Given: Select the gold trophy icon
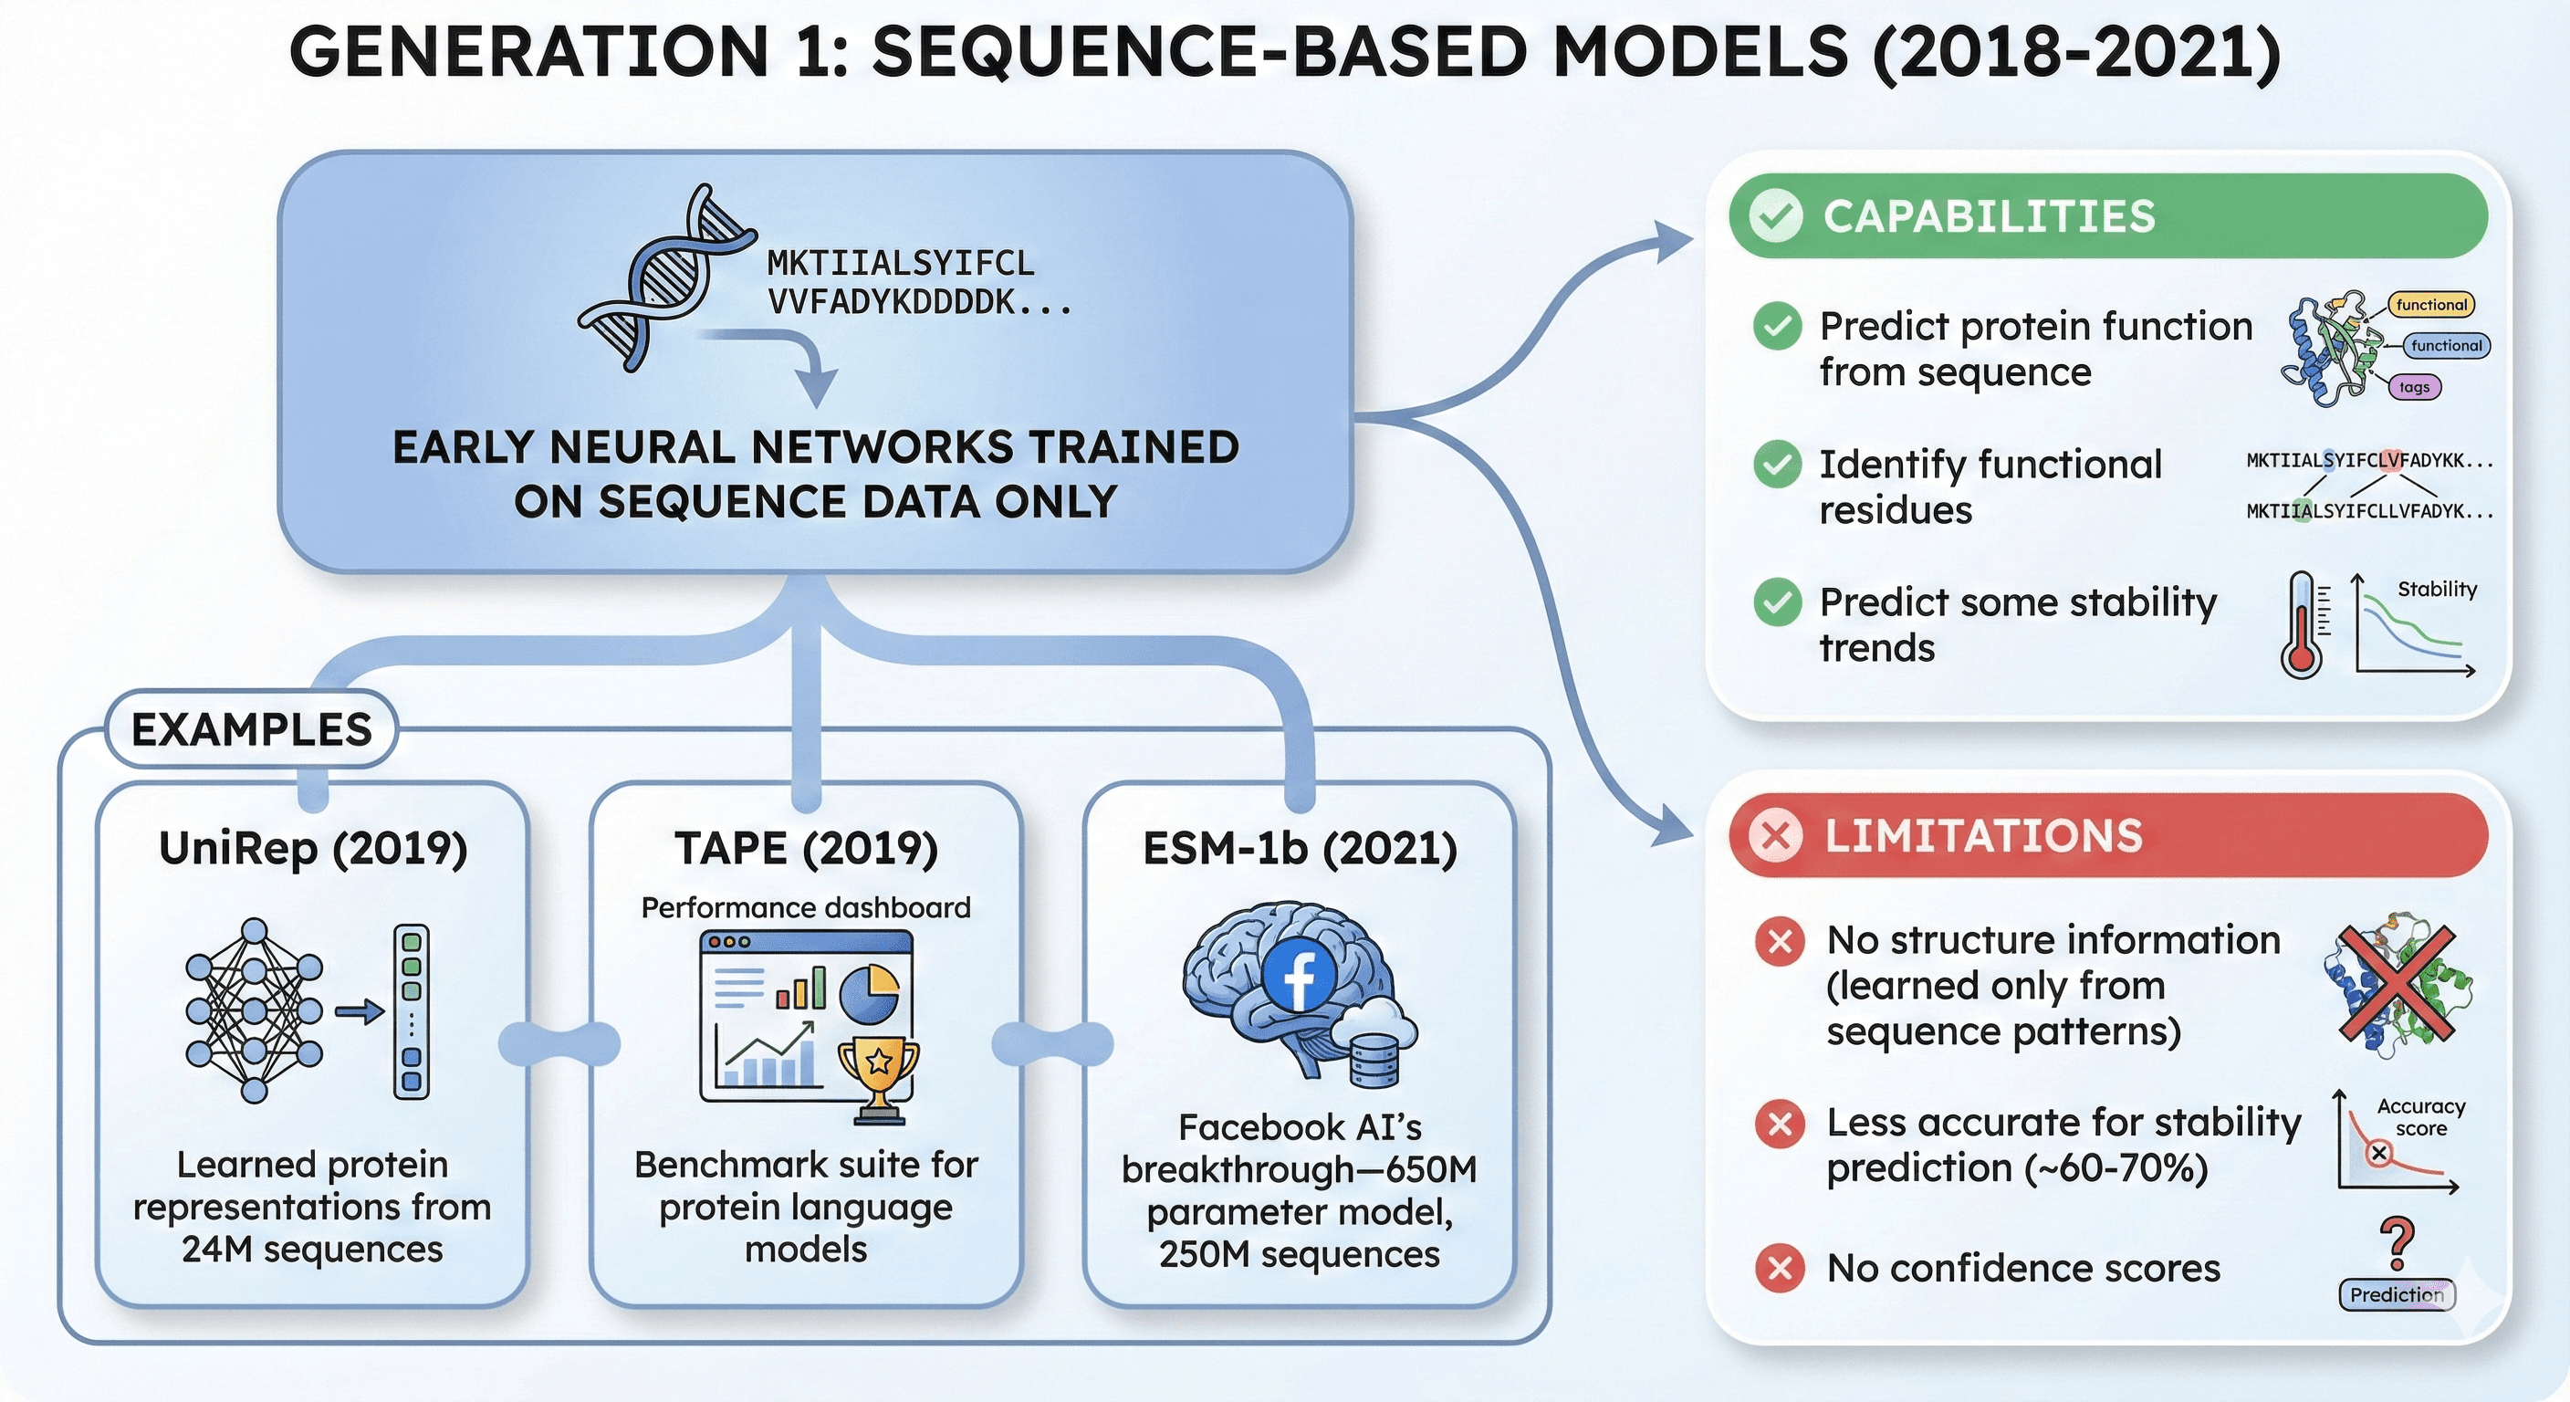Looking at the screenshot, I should click(878, 1078).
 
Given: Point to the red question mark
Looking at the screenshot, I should click(2397, 1243).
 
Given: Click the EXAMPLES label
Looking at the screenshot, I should click(251, 729).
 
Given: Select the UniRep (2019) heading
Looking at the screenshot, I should click(313, 849).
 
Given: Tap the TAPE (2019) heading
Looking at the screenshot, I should click(806, 849).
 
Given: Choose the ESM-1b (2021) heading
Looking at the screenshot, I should click(1299, 849).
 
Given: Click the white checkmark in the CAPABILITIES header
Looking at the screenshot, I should click(1776, 216).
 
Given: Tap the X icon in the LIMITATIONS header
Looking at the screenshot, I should click(1776, 835).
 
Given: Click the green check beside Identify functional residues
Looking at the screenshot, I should click(1777, 464).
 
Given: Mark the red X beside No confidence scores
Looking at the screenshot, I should click(1780, 1269).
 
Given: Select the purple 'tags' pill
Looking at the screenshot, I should click(2414, 387).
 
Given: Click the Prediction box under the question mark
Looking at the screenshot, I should click(2397, 1294).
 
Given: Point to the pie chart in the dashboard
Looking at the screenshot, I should click(869, 993).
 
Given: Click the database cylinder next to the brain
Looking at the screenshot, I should click(1374, 1060).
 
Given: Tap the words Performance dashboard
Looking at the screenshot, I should click(805, 908).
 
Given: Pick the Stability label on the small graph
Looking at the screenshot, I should click(2437, 589).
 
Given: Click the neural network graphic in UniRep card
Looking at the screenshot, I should click(255, 1010).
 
